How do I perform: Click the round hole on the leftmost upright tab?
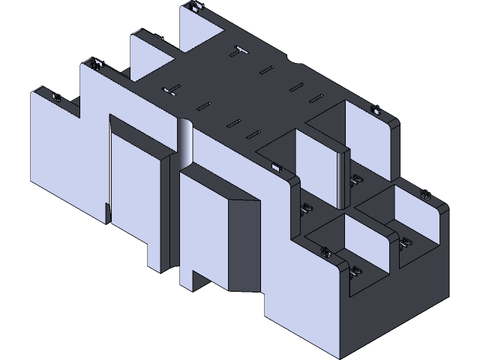click(56, 97)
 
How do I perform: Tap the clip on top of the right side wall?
click(374, 111)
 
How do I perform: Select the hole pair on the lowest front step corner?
click(325, 253)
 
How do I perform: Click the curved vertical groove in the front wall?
click(185, 142)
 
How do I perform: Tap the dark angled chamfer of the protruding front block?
click(244, 240)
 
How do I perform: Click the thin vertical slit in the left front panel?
click(109, 172)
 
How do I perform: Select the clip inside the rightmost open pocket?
click(406, 241)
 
